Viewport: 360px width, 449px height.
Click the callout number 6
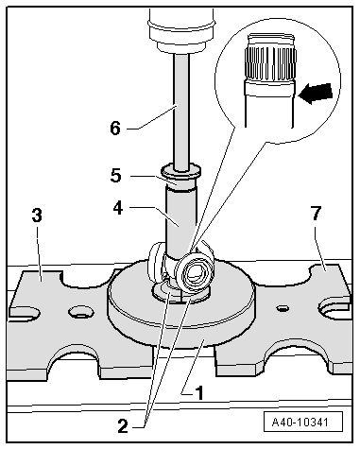[115, 129]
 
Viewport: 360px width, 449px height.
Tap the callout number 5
[116, 176]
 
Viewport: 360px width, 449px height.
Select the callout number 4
[118, 208]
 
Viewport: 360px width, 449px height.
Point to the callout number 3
[37, 216]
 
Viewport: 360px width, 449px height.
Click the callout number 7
[316, 213]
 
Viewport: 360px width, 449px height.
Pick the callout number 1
[199, 393]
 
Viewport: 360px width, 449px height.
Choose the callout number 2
[123, 426]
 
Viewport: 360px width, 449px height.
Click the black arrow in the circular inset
[315, 94]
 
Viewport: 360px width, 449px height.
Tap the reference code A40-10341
[303, 422]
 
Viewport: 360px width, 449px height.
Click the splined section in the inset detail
[270, 64]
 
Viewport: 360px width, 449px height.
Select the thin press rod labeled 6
[181, 112]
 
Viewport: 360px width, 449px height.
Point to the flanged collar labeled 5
[181, 177]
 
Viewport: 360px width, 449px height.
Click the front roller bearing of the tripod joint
[195, 270]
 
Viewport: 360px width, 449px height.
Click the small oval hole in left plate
[81, 312]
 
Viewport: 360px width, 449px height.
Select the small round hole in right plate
[283, 308]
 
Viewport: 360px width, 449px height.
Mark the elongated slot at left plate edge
[26, 312]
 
